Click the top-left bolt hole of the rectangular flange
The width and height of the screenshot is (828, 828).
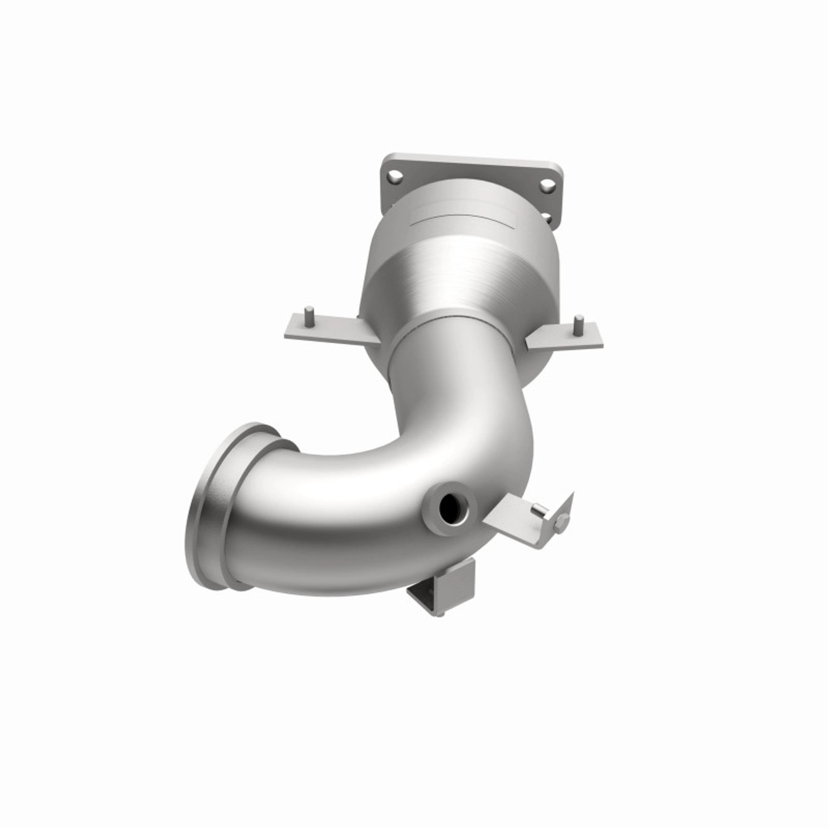(392, 175)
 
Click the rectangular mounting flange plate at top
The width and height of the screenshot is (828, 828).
(472, 165)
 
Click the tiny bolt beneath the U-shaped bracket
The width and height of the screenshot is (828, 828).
(440, 612)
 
